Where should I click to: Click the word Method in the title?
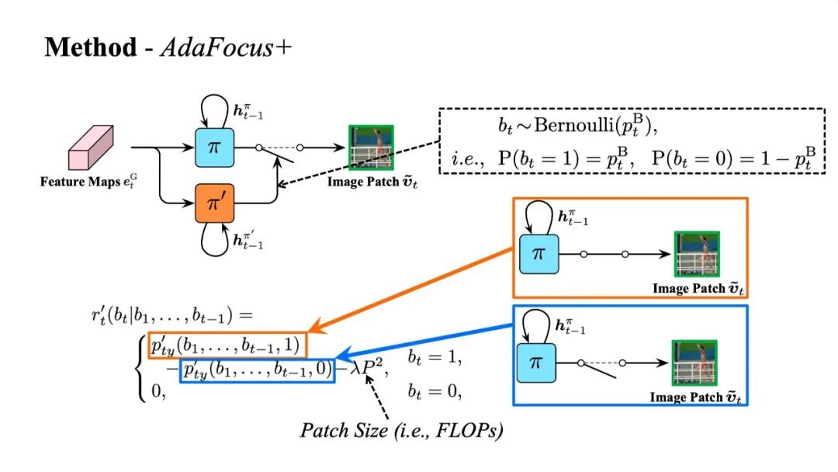(x=91, y=47)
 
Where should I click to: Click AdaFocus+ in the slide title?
(x=226, y=47)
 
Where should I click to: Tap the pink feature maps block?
(x=91, y=147)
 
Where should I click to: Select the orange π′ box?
(x=214, y=203)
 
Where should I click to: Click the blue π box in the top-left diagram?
(x=214, y=147)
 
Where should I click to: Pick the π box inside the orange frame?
(x=539, y=255)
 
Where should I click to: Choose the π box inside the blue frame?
(x=537, y=363)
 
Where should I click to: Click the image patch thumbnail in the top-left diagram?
(x=372, y=147)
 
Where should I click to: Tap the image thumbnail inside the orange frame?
(x=697, y=254)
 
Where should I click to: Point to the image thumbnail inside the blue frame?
(x=694, y=363)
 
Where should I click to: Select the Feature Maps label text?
(x=88, y=182)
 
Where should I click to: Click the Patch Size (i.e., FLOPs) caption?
(x=401, y=431)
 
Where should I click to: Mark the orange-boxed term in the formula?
(x=225, y=345)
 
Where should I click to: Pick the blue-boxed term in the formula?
(x=257, y=370)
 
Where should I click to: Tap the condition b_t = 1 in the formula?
(x=435, y=357)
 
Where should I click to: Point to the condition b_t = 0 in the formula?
(x=435, y=391)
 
